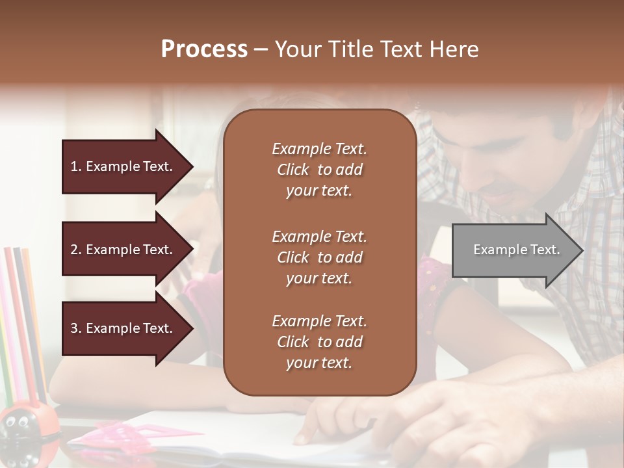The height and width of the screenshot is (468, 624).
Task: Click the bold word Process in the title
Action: click(204, 49)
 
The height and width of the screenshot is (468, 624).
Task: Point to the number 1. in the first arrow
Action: click(76, 166)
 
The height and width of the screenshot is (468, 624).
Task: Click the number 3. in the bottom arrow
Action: click(76, 328)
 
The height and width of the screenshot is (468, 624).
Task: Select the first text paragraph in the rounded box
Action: click(319, 170)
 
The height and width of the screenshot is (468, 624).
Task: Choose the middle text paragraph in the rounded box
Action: click(319, 257)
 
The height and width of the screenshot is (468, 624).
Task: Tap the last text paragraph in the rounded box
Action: click(319, 342)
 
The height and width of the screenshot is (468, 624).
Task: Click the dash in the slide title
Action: click(261, 49)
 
